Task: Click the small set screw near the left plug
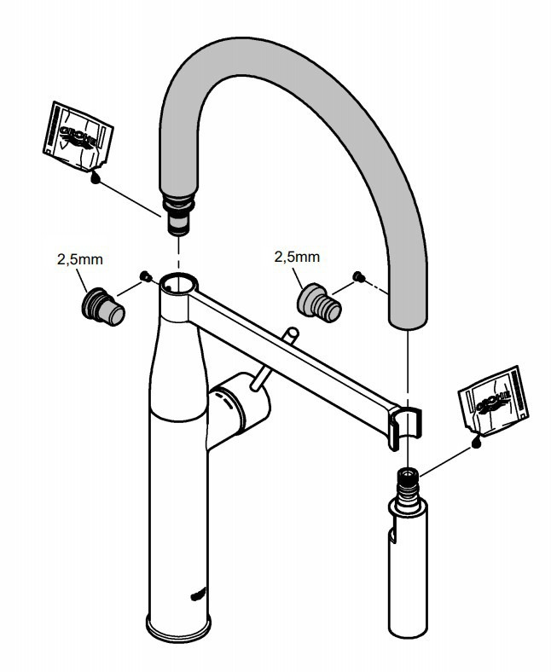click(145, 275)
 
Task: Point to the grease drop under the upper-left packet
click(96, 177)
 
